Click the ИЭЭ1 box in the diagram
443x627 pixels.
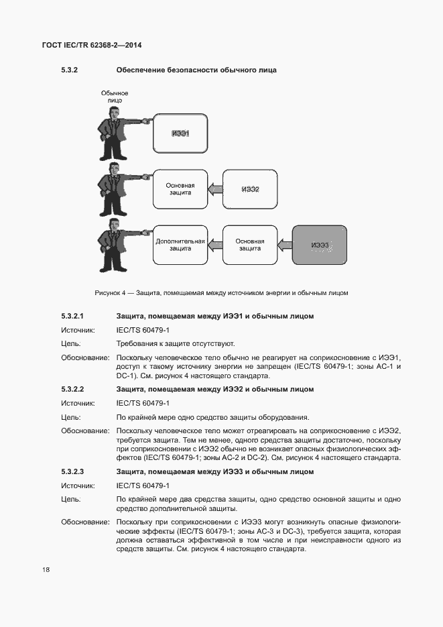click(179, 133)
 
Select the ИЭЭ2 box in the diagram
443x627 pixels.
click(249, 189)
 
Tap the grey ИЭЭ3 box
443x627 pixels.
click(320, 245)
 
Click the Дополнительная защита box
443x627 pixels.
click(179, 245)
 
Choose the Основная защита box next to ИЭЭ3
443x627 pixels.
click(249, 245)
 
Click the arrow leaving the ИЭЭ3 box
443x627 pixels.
click(285, 245)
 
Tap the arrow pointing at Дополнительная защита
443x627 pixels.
click(214, 245)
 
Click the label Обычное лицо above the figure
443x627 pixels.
click(114, 96)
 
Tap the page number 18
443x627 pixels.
click(46, 569)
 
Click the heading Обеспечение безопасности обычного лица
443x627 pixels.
click(196, 70)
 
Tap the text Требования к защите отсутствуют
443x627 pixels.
click(175, 343)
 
